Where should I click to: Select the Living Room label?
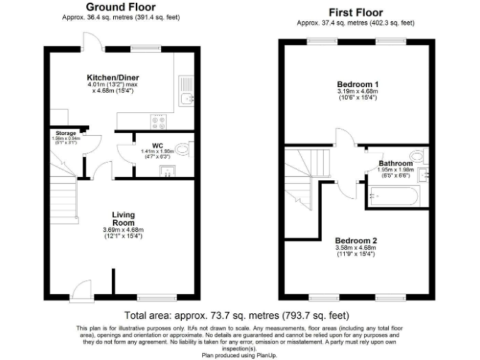click(123, 218)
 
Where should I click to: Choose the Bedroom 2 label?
click(355, 241)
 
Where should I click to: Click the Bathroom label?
click(396, 164)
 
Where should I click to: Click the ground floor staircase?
click(62, 187)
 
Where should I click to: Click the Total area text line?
click(237, 315)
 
